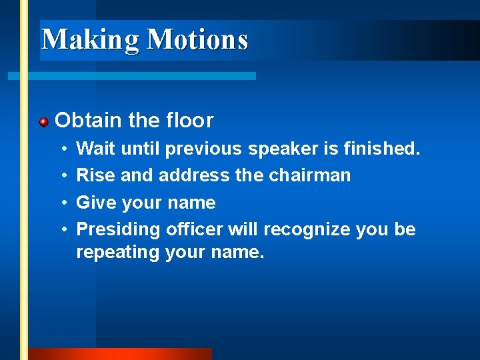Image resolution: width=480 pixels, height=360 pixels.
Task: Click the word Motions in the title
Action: (197, 39)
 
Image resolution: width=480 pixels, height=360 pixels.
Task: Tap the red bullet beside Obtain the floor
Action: (43, 122)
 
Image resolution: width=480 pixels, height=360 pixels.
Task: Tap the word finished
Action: (382, 148)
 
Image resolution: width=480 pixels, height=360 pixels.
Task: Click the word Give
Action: (97, 203)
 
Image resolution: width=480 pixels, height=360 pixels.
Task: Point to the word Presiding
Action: (118, 230)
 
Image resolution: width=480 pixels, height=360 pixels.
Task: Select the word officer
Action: (194, 229)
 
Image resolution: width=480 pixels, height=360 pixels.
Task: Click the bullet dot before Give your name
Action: (61, 203)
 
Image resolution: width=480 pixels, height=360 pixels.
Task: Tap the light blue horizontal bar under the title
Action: (133, 77)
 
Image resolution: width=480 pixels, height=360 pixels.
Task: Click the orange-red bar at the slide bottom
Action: (120, 354)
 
